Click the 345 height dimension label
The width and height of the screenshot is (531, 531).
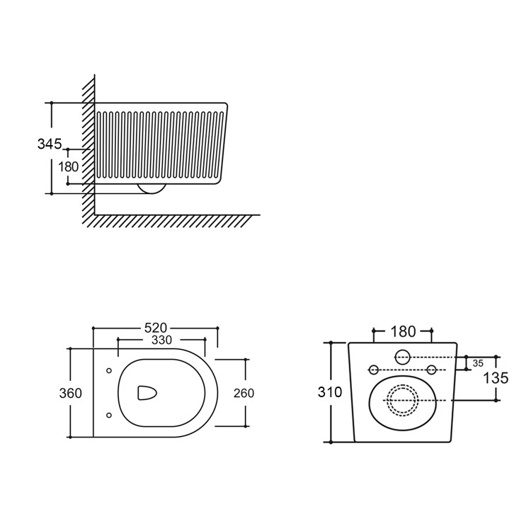pos(49,144)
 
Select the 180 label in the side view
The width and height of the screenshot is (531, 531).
pos(69,167)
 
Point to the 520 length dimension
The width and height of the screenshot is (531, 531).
pos(155,328)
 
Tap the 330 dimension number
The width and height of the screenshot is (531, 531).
pos(161,340)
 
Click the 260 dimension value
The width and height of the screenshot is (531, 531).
pos(243,393)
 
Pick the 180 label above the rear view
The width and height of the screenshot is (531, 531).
pos(403,331)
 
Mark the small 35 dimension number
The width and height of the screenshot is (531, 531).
pos(478,363)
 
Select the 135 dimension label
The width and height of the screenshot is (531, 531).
pos(496,378)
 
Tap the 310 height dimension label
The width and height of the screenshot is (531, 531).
pos(331,392)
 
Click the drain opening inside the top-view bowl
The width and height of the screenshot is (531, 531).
pos(146,394)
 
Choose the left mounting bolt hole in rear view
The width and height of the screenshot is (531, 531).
pos(373,370)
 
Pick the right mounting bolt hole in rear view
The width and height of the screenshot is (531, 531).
pos(431,370)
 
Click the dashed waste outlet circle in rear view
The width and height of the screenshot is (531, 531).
pos(402,400)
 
